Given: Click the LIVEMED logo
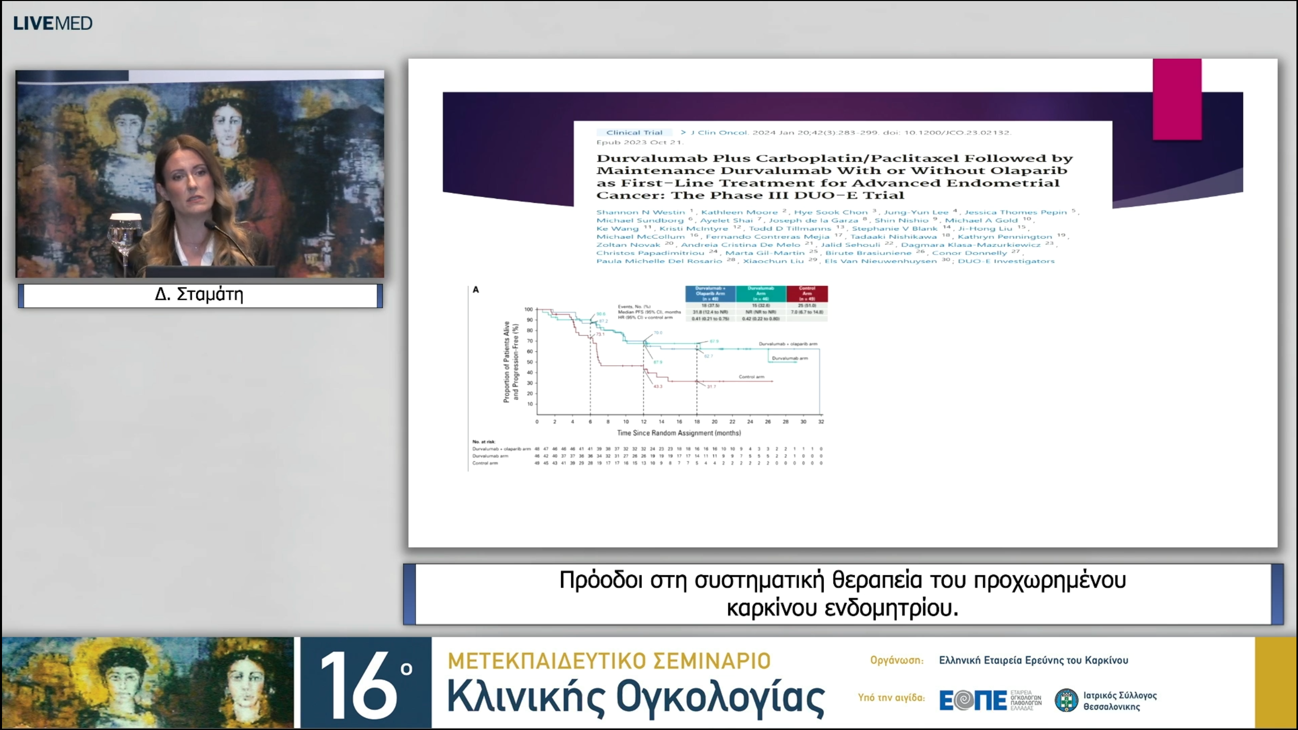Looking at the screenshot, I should click(x=53, y=23).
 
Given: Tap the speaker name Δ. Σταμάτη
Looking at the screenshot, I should click(x=199, y=295).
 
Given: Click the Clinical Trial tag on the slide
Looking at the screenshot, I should click(x=634, y=133).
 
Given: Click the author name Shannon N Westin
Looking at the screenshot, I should click(x=640, y=212).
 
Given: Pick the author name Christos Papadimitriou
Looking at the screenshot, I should click(x=650, y=253).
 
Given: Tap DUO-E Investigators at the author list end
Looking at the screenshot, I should click(x=1006, y=261).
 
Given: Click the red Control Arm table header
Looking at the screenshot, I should click(x=807, y=293).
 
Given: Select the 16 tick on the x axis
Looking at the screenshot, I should click(x=679, y=422).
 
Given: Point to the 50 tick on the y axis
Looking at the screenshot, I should click(x=529, y=362).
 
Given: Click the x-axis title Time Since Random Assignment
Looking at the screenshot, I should click(x=678, y=433).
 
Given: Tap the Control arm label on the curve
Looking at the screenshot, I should click(x=751, y=377).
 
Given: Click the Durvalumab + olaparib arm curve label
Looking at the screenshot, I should click(x=787, y=344).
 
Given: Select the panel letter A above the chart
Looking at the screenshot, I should click(x=476, y=289).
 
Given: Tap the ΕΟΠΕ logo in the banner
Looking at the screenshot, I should click(x=972, y=701).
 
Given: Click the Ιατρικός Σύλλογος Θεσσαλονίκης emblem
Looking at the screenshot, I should click(x=1066, y=701).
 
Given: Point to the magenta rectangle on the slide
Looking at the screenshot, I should click(x=1177, y=99).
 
